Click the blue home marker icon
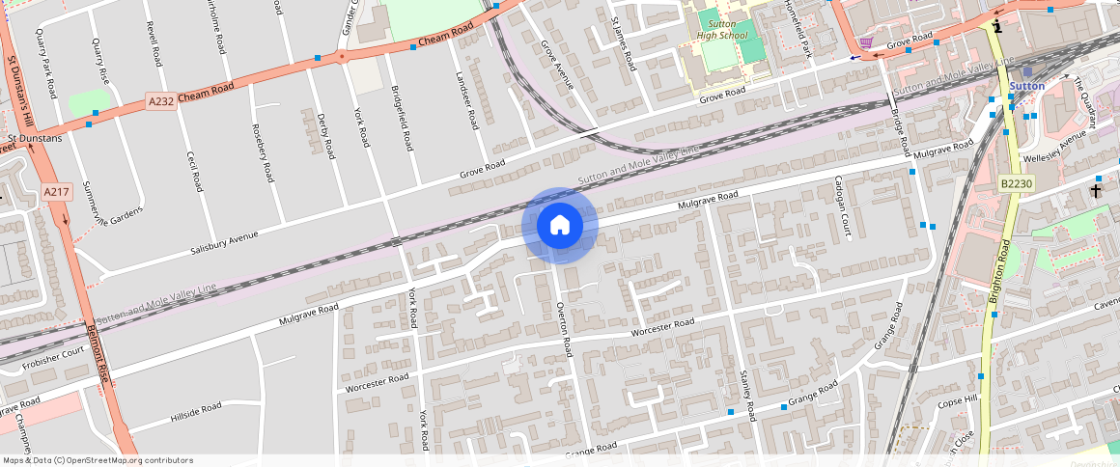[560, 225]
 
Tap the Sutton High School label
[722, 29]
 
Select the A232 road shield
[161, 100]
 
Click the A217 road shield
[56, 193]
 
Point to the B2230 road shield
[1016, 183]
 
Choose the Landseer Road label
[467, 101]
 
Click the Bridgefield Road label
[403, 116]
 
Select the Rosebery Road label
[263, 153]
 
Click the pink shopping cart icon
[866, 42]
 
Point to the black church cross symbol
[1097, 191]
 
